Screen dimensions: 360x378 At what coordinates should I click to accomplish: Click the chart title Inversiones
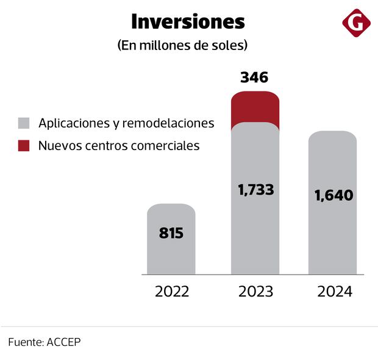[188, 22]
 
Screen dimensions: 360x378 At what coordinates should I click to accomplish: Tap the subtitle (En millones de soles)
[182, 46]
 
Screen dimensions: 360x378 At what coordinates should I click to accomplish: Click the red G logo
[356, 24]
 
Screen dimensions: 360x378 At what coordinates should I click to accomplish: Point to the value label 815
[171, 233]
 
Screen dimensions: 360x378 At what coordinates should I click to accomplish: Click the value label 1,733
[255, 190]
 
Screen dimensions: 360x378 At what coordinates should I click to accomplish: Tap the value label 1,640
[333, 196]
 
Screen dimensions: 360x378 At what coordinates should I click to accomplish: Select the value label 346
[254, 77]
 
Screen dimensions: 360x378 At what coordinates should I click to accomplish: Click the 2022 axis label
[172, 292]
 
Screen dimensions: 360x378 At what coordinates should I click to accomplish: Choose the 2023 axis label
[255, 292]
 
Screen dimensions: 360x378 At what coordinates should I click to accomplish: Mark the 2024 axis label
[335, 292]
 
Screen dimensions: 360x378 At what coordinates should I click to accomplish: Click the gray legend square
[24, 123]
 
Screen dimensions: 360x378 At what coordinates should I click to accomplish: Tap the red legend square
[24, 146]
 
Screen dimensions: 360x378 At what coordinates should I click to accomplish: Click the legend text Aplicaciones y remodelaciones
[126, 123]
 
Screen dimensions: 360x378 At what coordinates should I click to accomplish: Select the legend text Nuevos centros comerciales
[119, 146]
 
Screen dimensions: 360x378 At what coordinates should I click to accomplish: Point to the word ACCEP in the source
[64, 342]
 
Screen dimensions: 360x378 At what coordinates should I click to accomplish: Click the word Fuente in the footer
[25, 342]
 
